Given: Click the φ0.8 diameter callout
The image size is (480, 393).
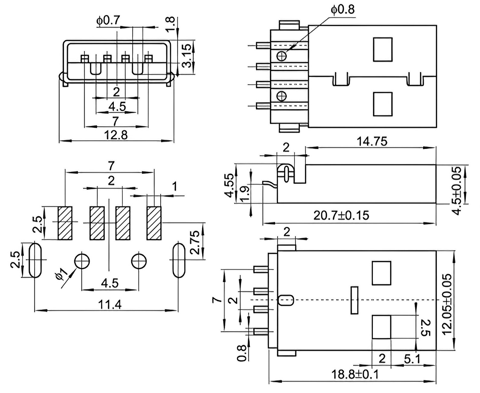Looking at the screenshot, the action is coord(343,10).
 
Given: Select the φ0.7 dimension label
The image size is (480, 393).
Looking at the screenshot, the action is coord(108,20).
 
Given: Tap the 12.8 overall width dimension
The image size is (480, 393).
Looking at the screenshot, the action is coord(116,135).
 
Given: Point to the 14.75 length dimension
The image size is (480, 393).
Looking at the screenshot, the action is coord(372,141).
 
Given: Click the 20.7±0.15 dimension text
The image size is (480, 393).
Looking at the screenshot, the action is coord(341,215).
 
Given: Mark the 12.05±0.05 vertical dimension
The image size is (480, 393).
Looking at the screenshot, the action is coord(447,304).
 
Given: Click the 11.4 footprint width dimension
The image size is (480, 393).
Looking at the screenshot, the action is coord(110,304).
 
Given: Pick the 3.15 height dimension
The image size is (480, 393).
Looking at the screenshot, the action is coord(187,56).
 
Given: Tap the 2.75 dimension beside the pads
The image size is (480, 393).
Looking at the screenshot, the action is coord(195,243).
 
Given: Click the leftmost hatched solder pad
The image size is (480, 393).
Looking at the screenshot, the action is coord(65,223).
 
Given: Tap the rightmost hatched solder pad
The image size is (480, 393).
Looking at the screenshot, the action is coord(154,223).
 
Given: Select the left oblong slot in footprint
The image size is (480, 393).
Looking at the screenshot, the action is coord(35,260).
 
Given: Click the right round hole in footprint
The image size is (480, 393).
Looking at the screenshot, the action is coord(139,261).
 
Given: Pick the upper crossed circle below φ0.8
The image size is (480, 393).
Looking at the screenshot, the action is coord(282,56).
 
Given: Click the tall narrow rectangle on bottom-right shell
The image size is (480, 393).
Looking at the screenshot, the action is coord(354,300).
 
